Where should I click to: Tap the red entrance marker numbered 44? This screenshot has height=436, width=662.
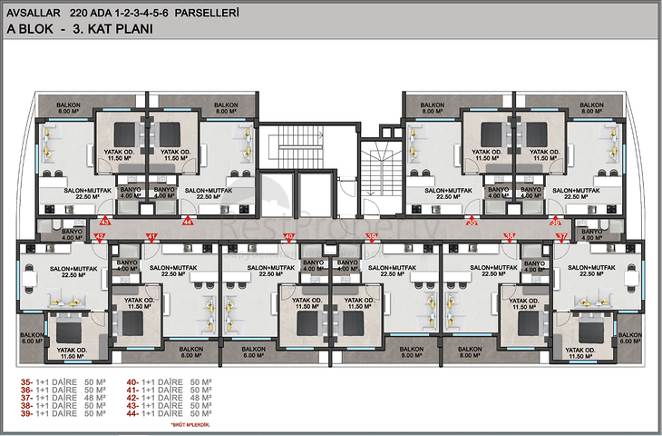click(x=188, y=221)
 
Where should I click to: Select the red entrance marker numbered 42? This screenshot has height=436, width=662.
click(x=101, y=237)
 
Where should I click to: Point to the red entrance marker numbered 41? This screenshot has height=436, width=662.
click(x=152, y=237)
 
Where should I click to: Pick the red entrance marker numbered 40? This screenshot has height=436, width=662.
click(x=288, y=237)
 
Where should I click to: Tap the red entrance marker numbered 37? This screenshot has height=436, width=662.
click(x=561, y=237)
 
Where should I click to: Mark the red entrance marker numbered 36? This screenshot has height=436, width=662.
click(x=556, y=221)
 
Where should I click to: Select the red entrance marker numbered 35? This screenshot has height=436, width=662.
click(x=472, y=221)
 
